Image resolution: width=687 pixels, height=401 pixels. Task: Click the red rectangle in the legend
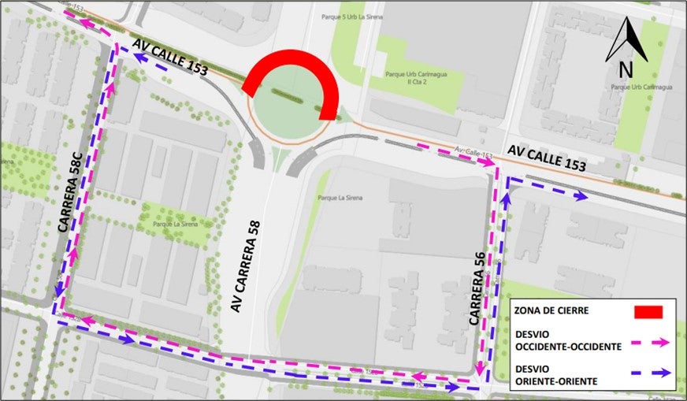point(649,312)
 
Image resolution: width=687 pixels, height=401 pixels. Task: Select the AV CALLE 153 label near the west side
point(169,58)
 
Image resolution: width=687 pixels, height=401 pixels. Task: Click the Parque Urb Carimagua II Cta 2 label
point(412,79)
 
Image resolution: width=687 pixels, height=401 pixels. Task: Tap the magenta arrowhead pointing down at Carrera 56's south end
point(480,369)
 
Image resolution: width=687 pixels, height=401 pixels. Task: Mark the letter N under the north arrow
point(626,70)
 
